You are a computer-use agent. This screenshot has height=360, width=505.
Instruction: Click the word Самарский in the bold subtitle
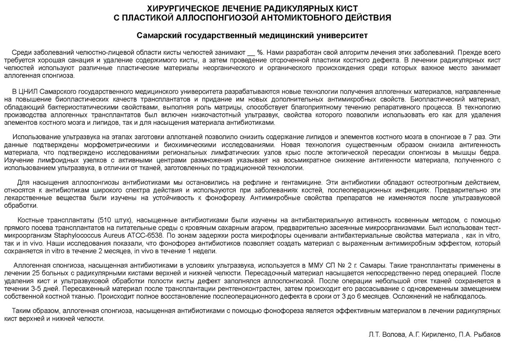(159, 35)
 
